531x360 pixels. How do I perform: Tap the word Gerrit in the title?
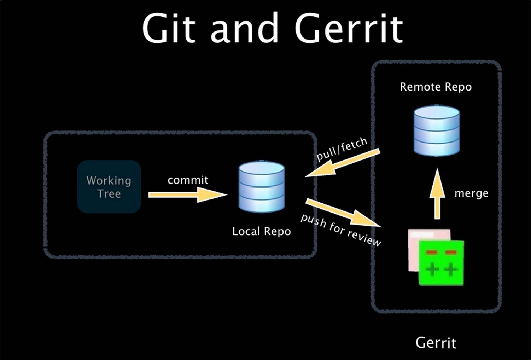pyautogui.click(x=349, y=28)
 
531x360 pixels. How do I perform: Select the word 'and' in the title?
pyautogui.click(x=244, y=28)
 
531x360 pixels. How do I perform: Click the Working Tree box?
pyautogui.click(x=109, y=187)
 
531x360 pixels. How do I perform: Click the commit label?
pyautogui.click(x=188, y=180)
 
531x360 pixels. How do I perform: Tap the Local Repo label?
pyautogui.click(x=261, y=231)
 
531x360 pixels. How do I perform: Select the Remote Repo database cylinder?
pyautogui.click(x=437, y=130)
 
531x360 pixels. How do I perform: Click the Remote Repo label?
pyautogui.click(x=436, y=87)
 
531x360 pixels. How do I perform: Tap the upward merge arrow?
pyautogui.click(x=437, y=194)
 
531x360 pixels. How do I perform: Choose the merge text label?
pyautogui.click(x=471, y=193)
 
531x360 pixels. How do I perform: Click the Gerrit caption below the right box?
pyautogui.click(x=436, y=343)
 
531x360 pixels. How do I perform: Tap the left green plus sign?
pyautogui.click(x=432, y=270)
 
